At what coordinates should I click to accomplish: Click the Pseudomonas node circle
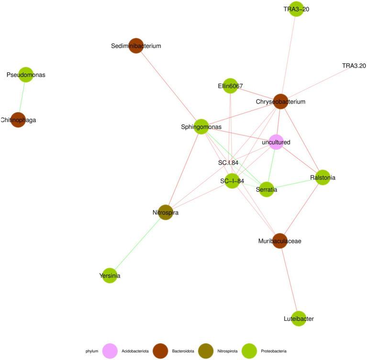25,75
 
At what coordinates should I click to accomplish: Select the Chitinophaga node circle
18,120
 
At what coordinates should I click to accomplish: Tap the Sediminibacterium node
136,46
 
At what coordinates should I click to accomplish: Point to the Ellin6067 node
231,86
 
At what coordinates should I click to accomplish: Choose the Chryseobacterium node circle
280,101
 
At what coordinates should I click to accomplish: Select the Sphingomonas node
201,127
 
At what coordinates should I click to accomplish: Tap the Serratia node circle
267,190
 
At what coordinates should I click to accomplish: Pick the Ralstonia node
323,177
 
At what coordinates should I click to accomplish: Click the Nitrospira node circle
165,213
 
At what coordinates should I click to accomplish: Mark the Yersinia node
110,276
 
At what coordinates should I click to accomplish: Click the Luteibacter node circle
299,318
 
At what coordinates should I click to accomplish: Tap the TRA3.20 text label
354,66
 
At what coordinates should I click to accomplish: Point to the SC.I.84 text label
228,163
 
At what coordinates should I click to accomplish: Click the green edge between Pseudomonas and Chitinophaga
22,97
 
